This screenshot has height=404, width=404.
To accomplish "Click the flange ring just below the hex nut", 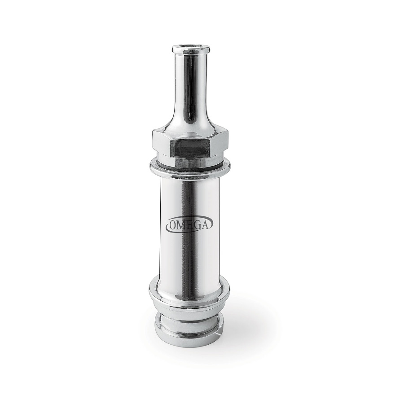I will click(x=189, y=173).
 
